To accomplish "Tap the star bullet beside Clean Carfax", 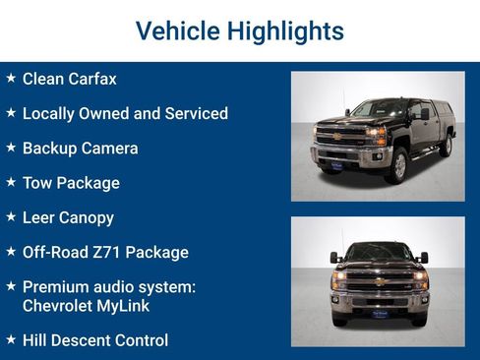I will pyautogui.click(x=11, y=78).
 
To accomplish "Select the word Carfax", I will pyautogui.click(x=93, y=79).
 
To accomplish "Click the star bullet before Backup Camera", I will pyautogui.click(x=11, y=148).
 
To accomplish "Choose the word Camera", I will pyautogui.click(x=110, y=149).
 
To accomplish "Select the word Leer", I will pyautogui.click(x=39, y=217).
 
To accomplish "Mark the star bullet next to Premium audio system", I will pyautogui.click(x=11, y=285).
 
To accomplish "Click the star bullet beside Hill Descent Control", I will pyautogui.click(x=11, y=339).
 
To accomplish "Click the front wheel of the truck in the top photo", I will pyautogui.click(x=398, y=166).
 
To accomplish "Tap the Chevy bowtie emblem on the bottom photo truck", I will pyautogui.click(x=379, y=281).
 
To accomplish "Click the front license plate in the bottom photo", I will pyautogui.click(x=379, y=314).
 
